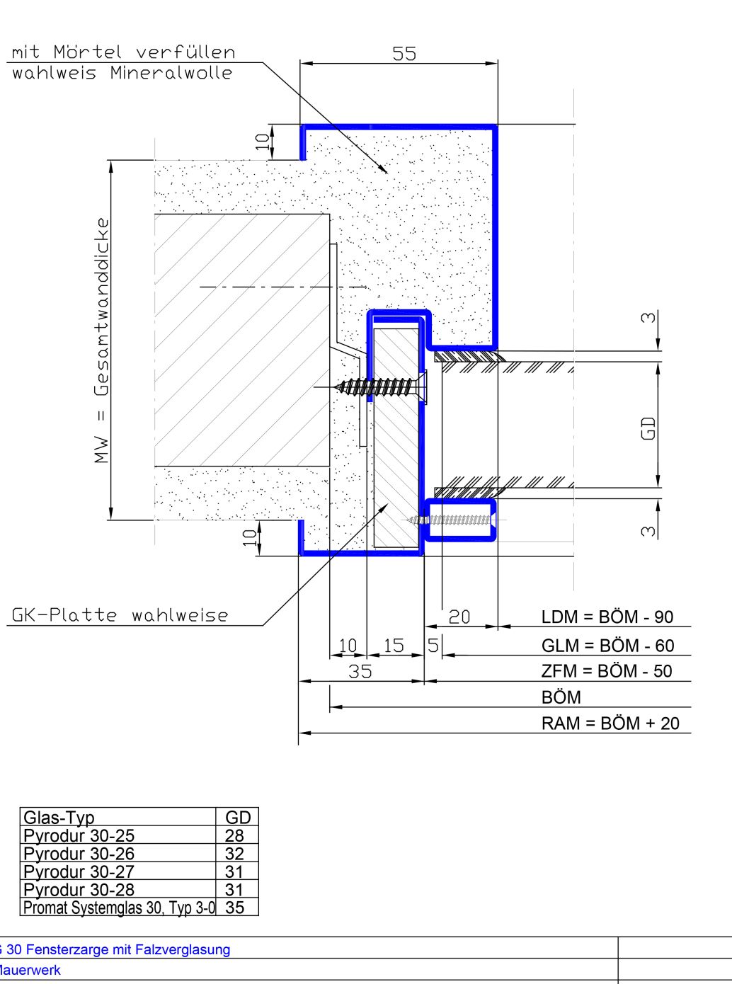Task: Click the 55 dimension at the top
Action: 404,53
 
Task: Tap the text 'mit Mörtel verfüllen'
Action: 123,52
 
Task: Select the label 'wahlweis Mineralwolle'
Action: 122,73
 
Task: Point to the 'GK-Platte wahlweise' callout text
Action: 120,615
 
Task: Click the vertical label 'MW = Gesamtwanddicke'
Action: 102,341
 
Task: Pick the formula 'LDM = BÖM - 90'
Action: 607,617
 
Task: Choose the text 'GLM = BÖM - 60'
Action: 608,646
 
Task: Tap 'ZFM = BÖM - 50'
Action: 607,671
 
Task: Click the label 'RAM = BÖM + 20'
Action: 610,723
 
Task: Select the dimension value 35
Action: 360,671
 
